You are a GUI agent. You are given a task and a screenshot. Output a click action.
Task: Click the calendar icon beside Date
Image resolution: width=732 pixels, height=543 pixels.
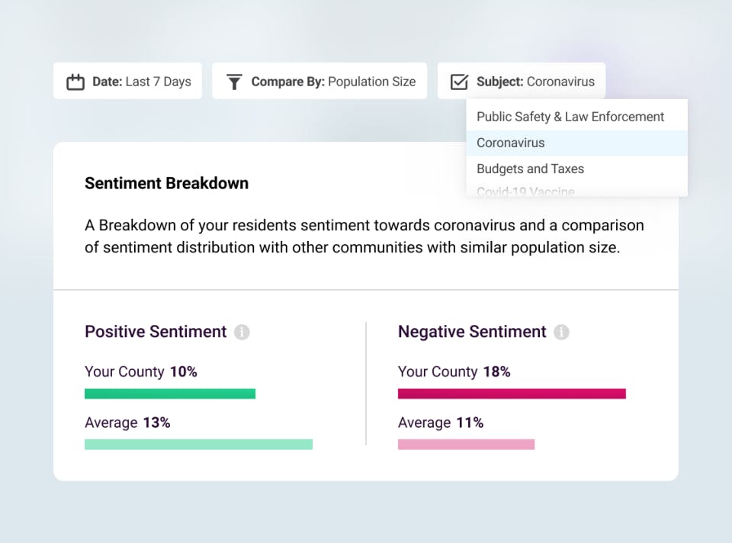pyautogui.click(x=75, y=82)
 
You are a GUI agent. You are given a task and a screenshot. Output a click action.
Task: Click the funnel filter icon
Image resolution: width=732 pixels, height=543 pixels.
pyautogui.click(x=234, y=82)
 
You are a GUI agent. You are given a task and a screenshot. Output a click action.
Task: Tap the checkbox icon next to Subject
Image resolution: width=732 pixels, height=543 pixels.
pyautogui.click(x=459, y=82)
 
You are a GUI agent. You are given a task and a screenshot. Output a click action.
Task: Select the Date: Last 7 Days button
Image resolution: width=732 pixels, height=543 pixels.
pyautogui.click(x=127, y=81)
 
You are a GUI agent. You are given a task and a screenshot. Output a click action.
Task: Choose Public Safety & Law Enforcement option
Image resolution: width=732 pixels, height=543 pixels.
pyautogui.click(x=570, y=117)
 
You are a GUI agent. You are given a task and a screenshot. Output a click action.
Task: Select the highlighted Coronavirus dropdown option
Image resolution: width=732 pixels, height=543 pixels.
pyautogui.click(x=511, y=143)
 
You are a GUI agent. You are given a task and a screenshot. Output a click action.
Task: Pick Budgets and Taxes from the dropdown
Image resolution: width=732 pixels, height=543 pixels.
pyautogui.click(x=530, y=169)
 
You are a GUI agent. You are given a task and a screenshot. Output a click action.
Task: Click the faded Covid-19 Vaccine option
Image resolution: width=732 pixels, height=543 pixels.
pyautogui.click(x=525, y=191)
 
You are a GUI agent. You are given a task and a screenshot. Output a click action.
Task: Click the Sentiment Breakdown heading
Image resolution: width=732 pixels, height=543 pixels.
pyautogui.click(x=166, y=183)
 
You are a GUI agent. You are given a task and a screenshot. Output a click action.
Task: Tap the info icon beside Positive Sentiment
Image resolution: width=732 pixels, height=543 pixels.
pyautogui.click(x=242, y=332)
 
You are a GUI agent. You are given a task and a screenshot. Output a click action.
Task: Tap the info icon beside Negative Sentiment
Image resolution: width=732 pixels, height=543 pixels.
pyautogui.click(x=561, y=332)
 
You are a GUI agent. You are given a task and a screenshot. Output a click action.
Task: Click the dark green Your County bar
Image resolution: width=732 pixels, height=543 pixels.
pyautogui.click(x=169, y=394)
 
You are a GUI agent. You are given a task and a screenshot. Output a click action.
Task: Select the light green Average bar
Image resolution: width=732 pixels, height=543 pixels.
pyautogui.click(x=198, y=444)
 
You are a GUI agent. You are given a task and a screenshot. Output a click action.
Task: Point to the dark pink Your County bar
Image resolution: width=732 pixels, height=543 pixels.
pyautogui.click(x=512, y=394)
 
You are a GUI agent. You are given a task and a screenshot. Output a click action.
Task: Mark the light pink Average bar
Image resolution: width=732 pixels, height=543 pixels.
pyautogui.click(x=466, y=444)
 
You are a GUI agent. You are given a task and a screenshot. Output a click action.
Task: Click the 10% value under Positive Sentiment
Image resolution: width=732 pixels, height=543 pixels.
pyautogui.click(x=183, y=372)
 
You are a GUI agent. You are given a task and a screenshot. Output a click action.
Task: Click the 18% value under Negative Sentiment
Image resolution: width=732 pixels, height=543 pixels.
pyautogui.click(x=496, y=372)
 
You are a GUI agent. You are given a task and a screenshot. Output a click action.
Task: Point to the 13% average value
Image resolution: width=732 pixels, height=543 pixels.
pyautogui.click(x=156, y=423)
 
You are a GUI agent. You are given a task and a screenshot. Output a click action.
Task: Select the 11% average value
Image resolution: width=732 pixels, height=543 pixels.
pyautogui.click(x=470, y=423)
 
